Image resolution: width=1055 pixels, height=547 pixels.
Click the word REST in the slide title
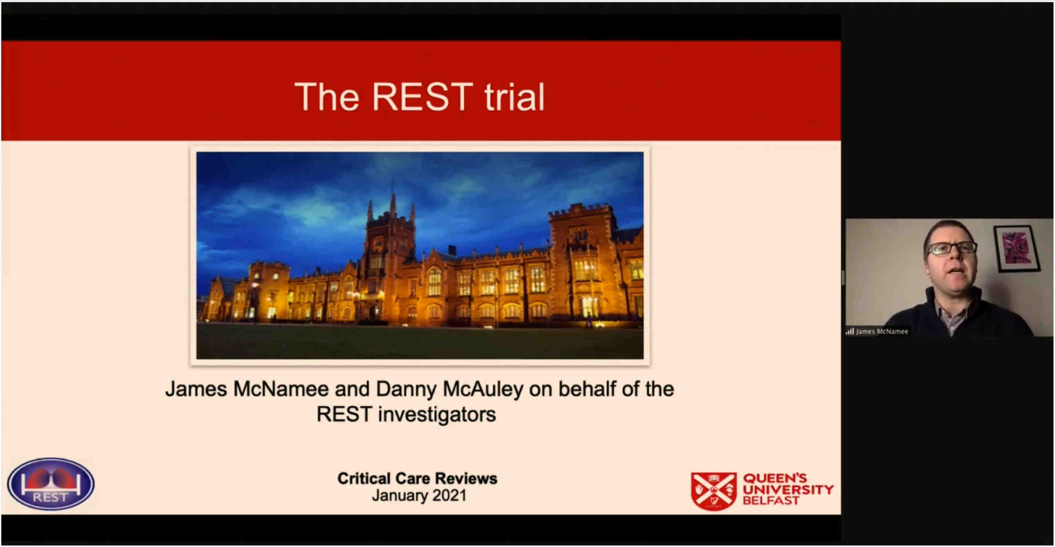click(x=422, y=97)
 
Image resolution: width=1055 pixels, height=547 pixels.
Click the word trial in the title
click(x=515, y=97)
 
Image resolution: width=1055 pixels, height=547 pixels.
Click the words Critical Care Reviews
click(x=417, y=479)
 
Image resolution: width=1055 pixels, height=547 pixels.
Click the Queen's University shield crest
click(x=713, y=491)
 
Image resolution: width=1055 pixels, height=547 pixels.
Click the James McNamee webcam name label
click(x=882, y=332)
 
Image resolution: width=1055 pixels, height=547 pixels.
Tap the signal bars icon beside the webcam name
click(x=849, y=332)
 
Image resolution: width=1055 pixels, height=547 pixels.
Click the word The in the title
click(x=327, y=97)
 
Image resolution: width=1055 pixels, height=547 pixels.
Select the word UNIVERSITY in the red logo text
click(x=789, y=490)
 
